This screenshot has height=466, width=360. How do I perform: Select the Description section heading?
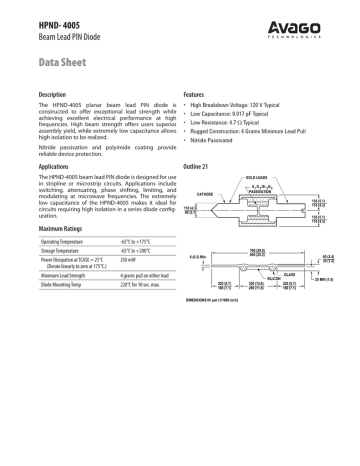coord(57,93)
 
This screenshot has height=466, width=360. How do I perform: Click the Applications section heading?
coord(58,165)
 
